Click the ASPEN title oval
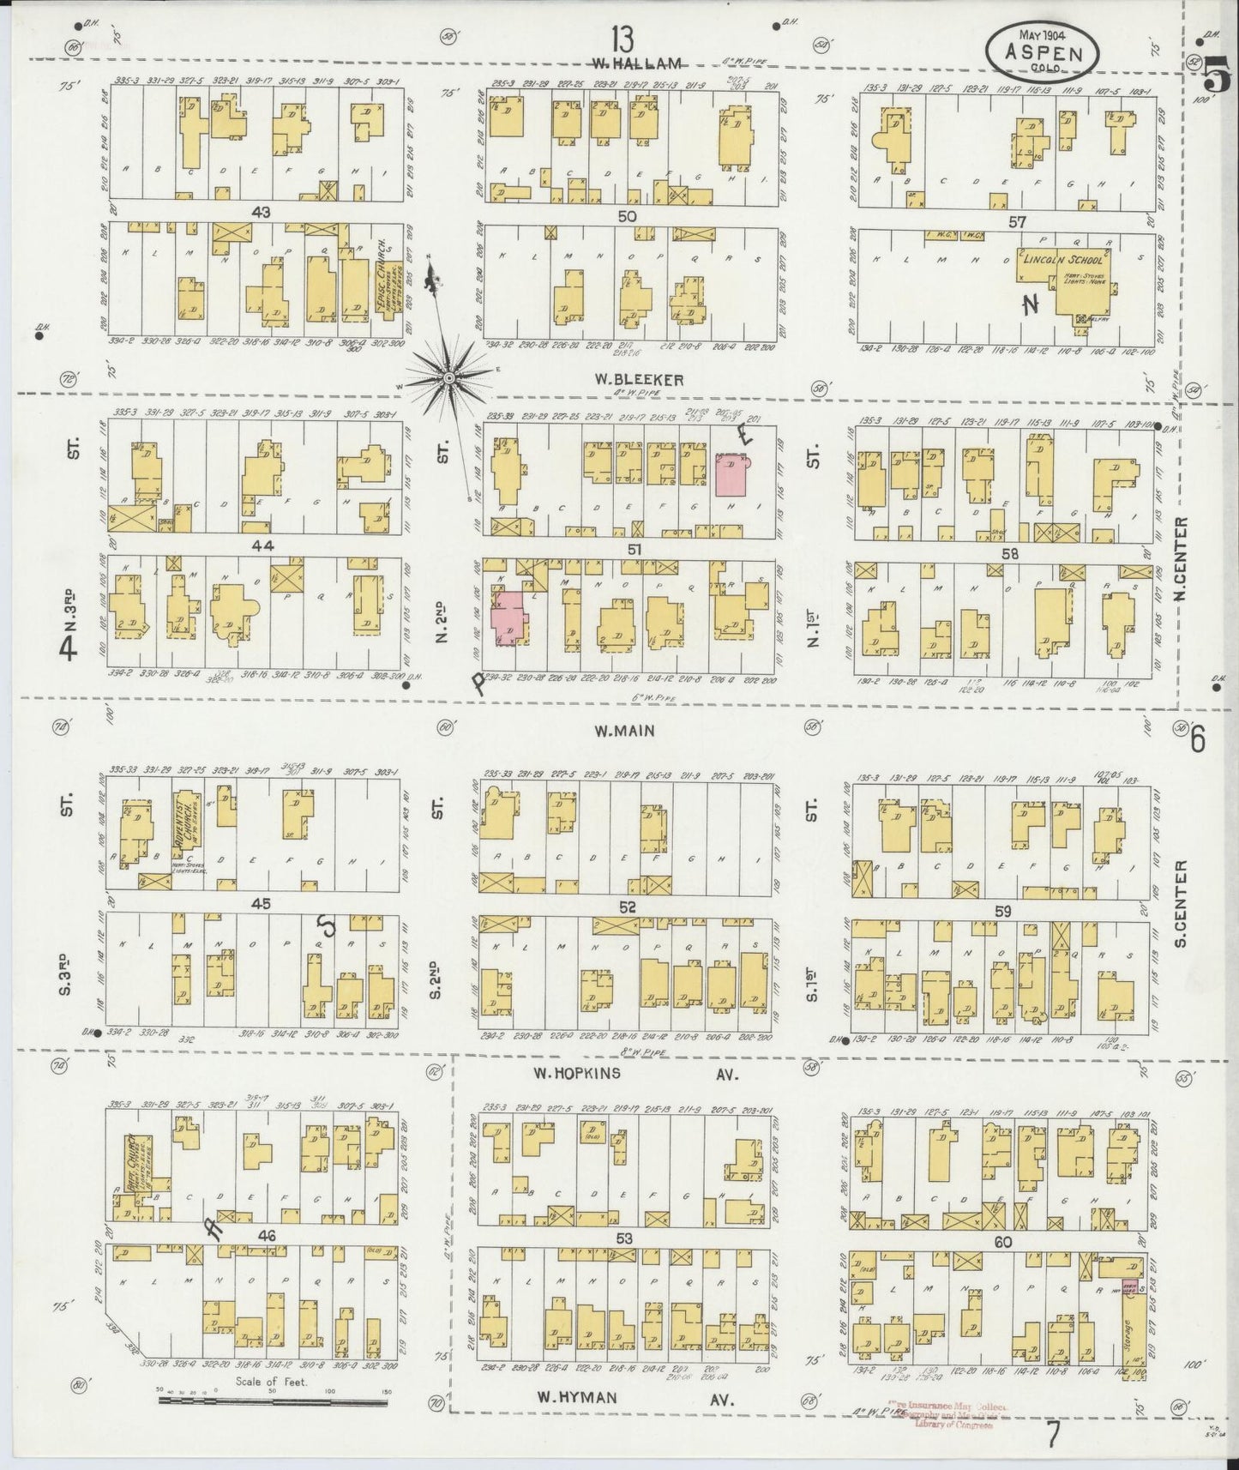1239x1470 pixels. click(1042, 51)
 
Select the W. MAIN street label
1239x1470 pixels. click(624, 731)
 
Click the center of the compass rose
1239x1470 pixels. click(448, 377)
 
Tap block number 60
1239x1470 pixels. click(1005, 1241)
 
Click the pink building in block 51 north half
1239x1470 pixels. click(730, 474)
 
